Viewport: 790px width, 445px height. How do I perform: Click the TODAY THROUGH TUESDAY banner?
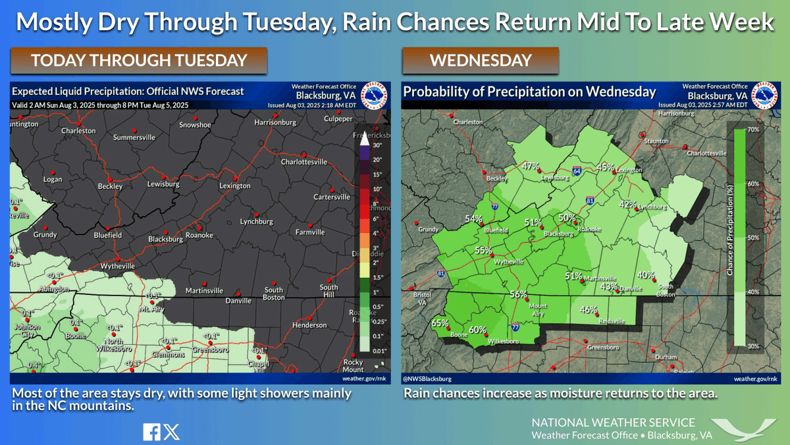point(138,61)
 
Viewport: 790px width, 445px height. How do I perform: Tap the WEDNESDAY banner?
point(481,61)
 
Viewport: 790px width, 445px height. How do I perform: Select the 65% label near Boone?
point(440,323)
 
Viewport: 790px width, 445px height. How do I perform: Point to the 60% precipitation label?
point(477,330)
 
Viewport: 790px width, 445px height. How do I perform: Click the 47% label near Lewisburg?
point(531,166)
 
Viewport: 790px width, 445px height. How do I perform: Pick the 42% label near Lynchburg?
point(627,204)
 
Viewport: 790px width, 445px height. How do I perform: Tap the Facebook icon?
point(151,432)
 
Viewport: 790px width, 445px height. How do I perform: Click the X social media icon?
point(171,432)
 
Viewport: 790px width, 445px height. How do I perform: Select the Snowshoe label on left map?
point(195,125)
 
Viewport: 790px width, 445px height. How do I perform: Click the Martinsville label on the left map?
point(205,291)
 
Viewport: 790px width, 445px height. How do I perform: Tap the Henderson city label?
point(309,325)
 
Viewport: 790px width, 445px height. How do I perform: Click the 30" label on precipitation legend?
point(377,145)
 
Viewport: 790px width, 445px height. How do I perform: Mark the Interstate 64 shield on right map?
point(576,169)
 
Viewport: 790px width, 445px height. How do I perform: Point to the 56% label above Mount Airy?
point(519,294)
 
